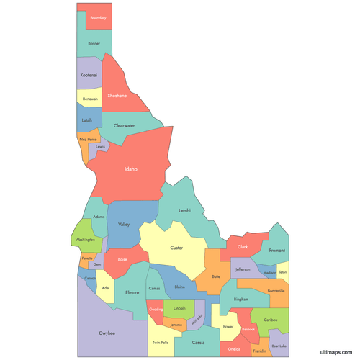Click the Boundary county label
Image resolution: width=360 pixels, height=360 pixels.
tap(99, 17)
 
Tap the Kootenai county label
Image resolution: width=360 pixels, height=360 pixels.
tap(89, 74)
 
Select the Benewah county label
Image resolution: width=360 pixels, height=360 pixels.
tap(90, 99)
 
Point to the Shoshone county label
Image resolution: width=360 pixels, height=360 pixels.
tap(117, 95)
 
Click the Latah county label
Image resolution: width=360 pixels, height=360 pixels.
tap(86, 120)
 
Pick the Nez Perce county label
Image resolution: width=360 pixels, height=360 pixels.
tap(88, 139)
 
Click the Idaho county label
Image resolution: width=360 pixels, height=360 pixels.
tap(130, 169)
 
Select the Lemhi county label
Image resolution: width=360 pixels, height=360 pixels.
tap(184, 210)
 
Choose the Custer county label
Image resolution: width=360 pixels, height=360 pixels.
tap(176, 248)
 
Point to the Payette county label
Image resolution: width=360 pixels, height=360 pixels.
tap(87, 257)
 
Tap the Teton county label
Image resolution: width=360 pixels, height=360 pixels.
tap(282, 272)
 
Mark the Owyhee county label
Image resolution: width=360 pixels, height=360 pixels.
tap(108, 333)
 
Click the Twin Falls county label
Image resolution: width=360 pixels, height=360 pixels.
tap(161, 342)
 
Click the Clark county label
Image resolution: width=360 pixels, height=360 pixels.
tap(243, 247)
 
